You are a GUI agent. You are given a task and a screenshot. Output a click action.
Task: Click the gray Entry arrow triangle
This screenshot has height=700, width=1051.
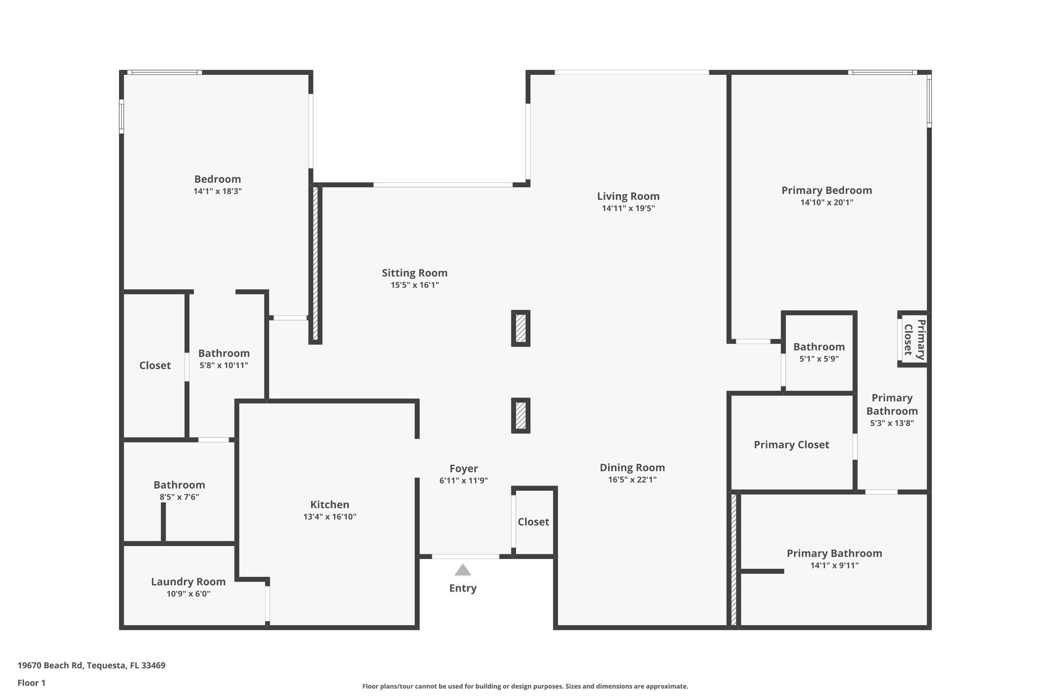click(x=463, y=570)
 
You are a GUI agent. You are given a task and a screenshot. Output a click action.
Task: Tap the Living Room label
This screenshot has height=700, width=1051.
click(x=628, y=196)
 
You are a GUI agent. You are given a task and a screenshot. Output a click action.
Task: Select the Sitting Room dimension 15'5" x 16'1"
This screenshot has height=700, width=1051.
click(x=415, y=285)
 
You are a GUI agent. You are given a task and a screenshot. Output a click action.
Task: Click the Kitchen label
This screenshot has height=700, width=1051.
click(x=329, y=505)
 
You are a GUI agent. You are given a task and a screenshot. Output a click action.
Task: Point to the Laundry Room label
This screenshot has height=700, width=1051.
click(x=188, y=582)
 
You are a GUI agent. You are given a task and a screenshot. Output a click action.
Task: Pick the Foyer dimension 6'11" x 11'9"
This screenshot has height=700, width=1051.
click(x=463, y=481)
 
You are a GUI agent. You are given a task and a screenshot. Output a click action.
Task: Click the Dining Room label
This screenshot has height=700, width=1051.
click(x=632, y=467)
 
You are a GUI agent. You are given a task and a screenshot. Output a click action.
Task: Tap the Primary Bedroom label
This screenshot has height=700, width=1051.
click(x=826, y=190)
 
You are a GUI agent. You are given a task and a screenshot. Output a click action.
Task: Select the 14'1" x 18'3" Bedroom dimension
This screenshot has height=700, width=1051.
click(x=218, y=191)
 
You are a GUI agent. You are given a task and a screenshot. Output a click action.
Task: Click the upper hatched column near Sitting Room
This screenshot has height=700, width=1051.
click(x=520, y=328)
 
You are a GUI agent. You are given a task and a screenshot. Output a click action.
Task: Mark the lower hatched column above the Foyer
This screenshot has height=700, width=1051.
click(x=520, y=415)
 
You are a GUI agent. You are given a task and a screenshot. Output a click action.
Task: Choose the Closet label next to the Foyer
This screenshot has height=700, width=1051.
click(x=533, y=522)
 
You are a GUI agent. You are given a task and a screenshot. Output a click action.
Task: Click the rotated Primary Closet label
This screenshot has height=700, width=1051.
click(x=914, y=339)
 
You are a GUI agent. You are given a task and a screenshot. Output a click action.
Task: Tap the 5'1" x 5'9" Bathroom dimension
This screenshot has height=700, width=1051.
click(x=819, y=359)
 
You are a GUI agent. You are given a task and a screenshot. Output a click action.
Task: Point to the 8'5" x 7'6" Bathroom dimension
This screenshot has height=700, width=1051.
click(x=179, y=497)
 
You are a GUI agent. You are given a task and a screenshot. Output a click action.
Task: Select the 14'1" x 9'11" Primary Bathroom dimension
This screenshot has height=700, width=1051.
click(x=834, y=566)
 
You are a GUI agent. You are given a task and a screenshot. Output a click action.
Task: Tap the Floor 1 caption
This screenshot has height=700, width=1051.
click(x=31, y=683)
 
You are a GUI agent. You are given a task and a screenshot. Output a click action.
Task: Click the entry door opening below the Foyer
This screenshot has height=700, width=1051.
click(x=465, y=556)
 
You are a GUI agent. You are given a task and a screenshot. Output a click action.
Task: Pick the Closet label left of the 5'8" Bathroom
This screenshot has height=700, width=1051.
click(x=155, y=365)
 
